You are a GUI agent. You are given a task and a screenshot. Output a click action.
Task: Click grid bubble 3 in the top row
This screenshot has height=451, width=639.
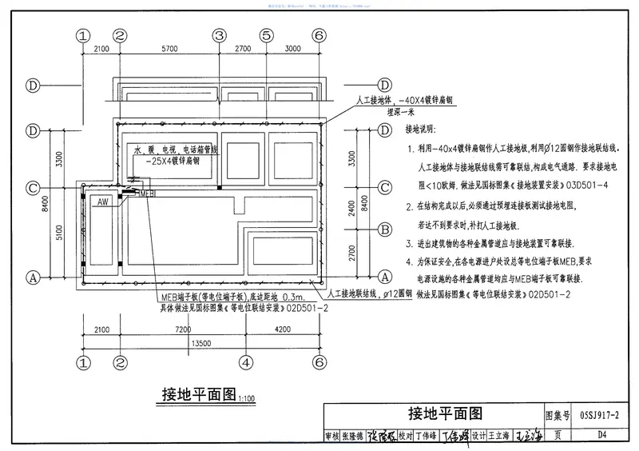click(x=219, y=35)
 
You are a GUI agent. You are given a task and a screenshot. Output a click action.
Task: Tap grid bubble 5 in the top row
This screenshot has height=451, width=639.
click(x=267, y=35)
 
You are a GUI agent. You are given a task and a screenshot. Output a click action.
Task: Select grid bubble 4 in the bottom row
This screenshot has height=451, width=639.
click(x=244, y=361)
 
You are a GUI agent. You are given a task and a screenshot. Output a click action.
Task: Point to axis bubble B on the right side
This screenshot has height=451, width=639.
click(x=384, y=229)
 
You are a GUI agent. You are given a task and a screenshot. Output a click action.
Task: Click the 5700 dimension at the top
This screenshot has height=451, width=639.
click(x=169, y=50)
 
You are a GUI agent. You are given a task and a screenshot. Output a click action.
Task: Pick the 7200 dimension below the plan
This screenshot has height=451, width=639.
click(x=185, y=329)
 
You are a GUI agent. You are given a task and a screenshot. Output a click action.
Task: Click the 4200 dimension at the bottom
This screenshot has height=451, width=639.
click(x=281, y=329)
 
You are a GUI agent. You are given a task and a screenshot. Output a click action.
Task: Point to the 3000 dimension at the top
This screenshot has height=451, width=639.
click(x=292, y=50)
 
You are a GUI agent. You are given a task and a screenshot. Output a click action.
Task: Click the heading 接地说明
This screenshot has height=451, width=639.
click(x=422, y=130)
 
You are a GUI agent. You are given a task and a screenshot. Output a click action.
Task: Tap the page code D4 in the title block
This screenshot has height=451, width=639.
click(x=601, y=436)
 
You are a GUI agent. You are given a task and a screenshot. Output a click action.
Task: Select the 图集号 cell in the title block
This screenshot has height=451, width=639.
click(x=557, y=415)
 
